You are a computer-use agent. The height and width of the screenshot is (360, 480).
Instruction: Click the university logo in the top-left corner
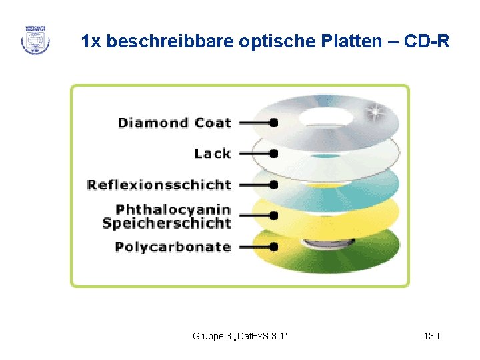[x=35, y=40]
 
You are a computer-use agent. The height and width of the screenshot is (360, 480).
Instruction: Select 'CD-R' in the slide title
[x=427, y=42]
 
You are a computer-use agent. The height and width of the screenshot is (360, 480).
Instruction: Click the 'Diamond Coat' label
[x=174, y=123]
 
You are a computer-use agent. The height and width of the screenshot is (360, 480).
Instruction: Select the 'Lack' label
[x=212, y=154]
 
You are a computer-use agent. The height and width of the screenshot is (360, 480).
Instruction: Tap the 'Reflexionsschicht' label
[x=159, y=185]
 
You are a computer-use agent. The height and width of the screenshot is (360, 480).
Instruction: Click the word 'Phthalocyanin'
[x=173, y=209]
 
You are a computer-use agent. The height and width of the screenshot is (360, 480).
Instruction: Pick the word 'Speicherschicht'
[x=166, y=223]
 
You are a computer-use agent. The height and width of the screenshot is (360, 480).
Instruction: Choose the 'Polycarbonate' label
[x=173, y=247]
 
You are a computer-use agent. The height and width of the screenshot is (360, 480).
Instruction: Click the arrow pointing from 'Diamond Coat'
[x=257, y=123]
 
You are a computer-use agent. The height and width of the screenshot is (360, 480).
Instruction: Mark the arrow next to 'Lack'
[x=257, y=154]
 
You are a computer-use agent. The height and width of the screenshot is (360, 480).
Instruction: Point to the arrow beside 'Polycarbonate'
[x=257, y=247]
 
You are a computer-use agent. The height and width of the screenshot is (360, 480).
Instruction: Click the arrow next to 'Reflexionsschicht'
[x=257, y=185]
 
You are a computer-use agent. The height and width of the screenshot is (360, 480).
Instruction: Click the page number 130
[x=431, y=336]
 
